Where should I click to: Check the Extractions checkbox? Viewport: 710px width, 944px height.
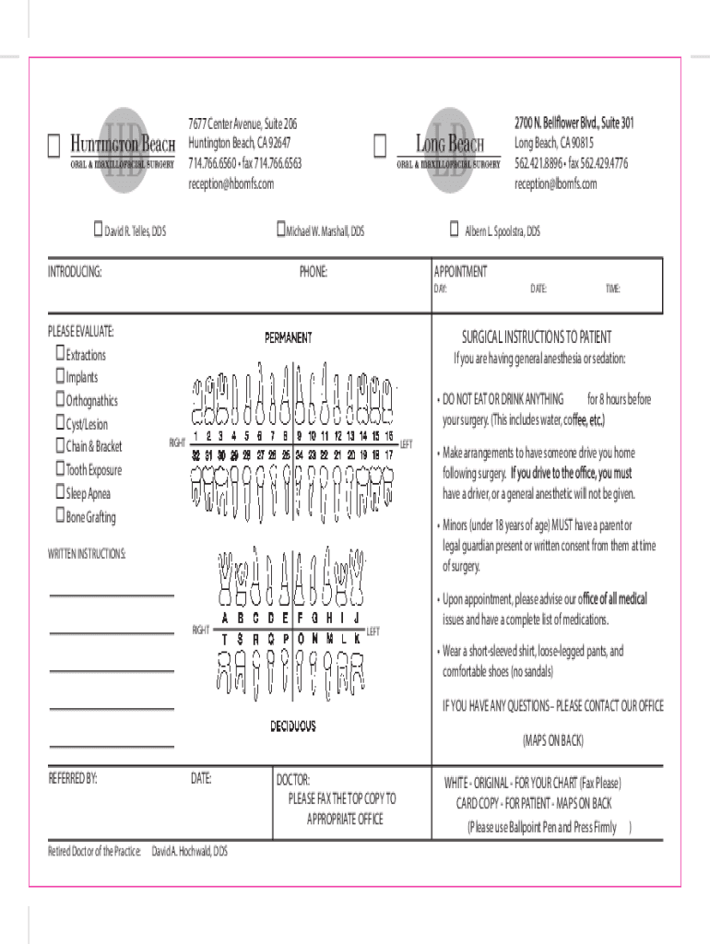point(60,354)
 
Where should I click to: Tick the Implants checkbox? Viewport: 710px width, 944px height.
point(60,377)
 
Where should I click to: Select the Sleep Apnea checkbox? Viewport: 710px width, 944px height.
point(60,493)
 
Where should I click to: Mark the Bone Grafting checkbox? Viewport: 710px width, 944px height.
point(60,516)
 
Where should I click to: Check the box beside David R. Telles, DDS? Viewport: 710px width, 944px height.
point(98,230)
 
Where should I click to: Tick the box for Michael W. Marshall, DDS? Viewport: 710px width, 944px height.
point(281,230)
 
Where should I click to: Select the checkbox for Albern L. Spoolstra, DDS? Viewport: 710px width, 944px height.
point(454,230)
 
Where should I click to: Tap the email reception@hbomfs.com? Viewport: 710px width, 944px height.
point(231,184)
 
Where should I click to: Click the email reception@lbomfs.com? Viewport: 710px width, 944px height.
point(555,184)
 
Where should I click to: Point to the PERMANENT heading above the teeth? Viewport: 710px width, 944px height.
point(289,338)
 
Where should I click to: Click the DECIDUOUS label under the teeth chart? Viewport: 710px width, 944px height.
point(292,726)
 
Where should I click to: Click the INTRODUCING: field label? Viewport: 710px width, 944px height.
point(75,272)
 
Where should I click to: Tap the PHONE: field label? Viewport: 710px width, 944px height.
point(313,272)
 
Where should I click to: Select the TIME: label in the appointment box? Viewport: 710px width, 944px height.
point(612,289)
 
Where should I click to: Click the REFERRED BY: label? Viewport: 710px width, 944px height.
point(73,779)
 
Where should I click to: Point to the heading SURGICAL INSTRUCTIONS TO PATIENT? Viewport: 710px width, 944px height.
point(536,337)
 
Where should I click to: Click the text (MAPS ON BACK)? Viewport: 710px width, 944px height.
point(552,740)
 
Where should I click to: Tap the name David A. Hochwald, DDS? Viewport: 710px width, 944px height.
point(189,851)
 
